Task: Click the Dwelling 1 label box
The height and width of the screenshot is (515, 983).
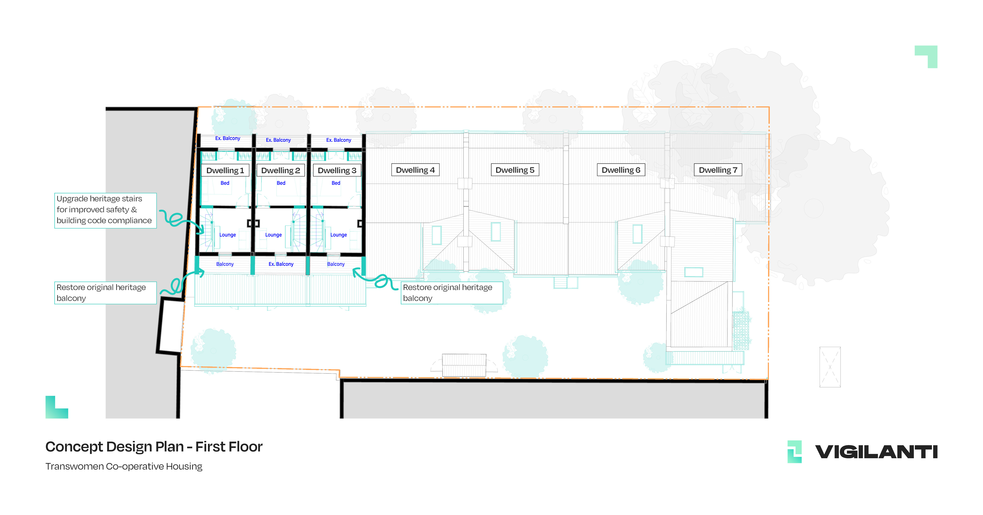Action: [225, 170]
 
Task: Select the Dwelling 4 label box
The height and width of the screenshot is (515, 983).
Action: [415, 170]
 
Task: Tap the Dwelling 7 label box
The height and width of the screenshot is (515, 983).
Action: [718, 170]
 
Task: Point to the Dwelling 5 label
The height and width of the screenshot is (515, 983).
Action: [515, 170]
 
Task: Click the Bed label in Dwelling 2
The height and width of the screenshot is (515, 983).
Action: [281, 183]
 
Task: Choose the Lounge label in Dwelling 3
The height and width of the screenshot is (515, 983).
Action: [338, 235]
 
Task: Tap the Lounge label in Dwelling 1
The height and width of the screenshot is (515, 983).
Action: [227, 235]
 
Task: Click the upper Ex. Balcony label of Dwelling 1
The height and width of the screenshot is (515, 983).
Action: [227, 138]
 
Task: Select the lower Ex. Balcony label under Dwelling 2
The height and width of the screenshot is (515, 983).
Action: [281, 264]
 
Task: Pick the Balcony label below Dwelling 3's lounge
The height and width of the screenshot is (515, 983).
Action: [336, 264]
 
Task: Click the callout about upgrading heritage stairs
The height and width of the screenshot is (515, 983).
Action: [105, 211]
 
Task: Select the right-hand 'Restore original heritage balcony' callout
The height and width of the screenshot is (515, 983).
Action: [452, 293]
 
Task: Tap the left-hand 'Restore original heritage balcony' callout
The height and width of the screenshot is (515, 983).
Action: [105, 293]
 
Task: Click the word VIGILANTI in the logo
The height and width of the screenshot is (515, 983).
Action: [876, 452]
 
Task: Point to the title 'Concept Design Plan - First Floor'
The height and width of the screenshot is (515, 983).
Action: [154, 447]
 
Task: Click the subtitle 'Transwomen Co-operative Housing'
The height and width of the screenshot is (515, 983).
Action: [124, 466]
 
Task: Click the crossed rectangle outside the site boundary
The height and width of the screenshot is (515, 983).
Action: [830, 367]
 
